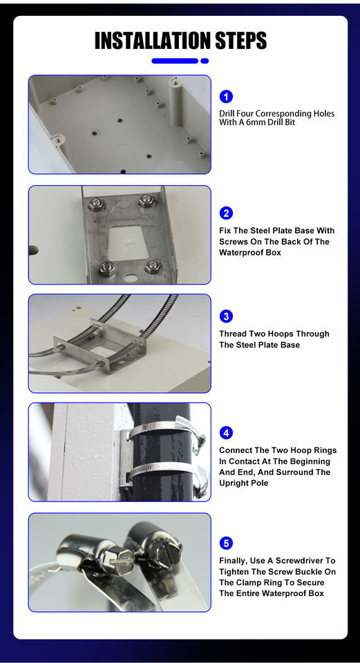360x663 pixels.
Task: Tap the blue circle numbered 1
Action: (x=226, y=97)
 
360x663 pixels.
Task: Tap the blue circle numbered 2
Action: (x=226, y=213)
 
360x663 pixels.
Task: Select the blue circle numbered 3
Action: (x=226, y=316)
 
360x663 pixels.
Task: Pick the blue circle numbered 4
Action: (x=226, y=432)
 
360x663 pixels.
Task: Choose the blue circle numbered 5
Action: (x=226, y=543)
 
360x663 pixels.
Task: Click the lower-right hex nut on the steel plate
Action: (x=152, y=267)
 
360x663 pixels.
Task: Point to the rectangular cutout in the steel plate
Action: (x=129, y=242)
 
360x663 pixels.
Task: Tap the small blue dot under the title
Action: (x=205, y=61)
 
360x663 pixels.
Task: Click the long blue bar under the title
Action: (x=175, y=61)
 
